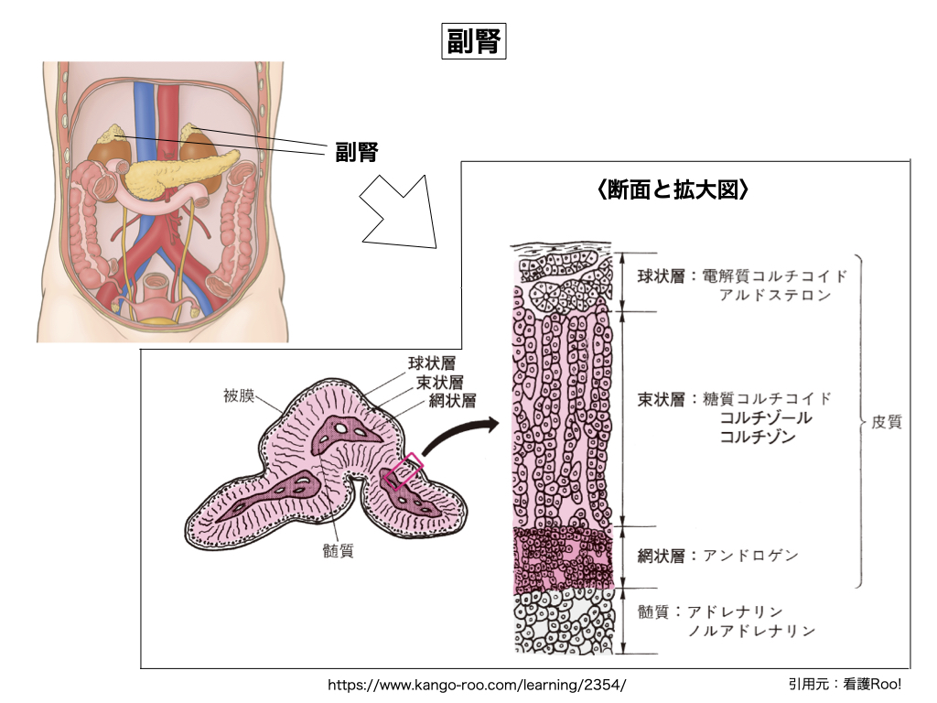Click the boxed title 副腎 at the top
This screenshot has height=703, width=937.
[x=473, y=41]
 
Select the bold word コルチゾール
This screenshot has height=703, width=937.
[x=766, y=417]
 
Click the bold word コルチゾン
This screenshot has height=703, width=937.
[x=758, y=438]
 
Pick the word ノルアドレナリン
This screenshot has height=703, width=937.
[x=751, y=631]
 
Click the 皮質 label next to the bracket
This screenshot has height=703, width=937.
[x=886, y=423]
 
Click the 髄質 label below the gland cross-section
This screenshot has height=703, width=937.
[x=339, y=550]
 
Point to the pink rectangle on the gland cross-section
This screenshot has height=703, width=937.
[x=403, y=471]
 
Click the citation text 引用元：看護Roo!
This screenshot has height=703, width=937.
[x=844, y=683]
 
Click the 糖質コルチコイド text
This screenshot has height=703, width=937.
[x=768, y=398]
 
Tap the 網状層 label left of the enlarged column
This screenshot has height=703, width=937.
[x=661, y=555]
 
